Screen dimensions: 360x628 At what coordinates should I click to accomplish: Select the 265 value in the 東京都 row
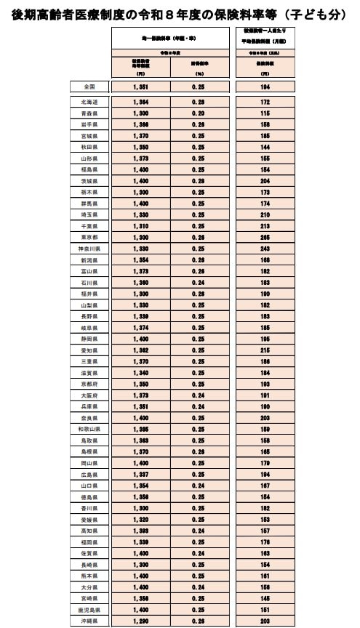point(265,237)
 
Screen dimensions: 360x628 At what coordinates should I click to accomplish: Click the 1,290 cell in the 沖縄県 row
point(141,621)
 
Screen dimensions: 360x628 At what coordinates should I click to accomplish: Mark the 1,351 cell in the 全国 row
point(141,86)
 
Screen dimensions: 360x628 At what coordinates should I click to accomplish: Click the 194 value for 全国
point(265,86)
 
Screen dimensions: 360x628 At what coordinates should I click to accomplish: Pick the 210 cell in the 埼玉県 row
point(265,214)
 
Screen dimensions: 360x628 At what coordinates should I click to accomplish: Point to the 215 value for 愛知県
point(265,350)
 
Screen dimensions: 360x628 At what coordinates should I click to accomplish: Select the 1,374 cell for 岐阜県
point(141,327)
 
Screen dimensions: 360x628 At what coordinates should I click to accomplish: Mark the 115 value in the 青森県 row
point(265,113)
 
